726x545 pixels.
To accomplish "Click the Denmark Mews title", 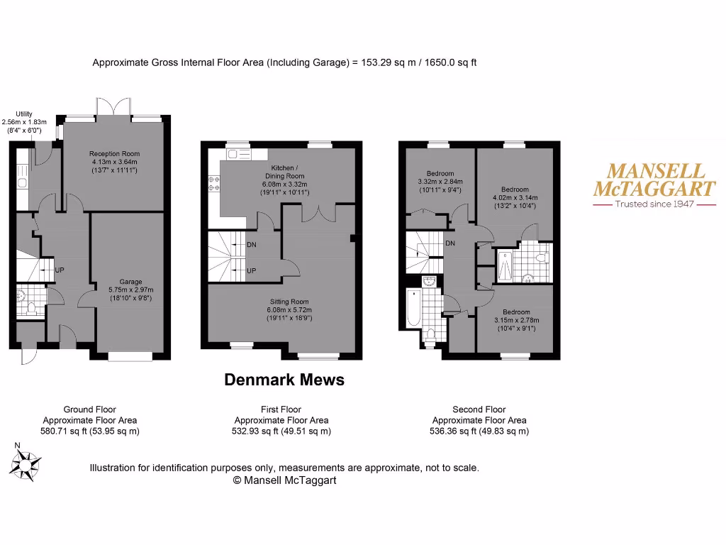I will [284, 380].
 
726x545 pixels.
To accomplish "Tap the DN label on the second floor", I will [449, 243].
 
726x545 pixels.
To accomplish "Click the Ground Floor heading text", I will [90, 409].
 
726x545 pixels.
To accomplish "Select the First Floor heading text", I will [281, 409].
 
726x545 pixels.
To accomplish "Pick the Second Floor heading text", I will [479, 409].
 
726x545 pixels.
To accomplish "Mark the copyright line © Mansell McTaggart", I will [284, 480].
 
